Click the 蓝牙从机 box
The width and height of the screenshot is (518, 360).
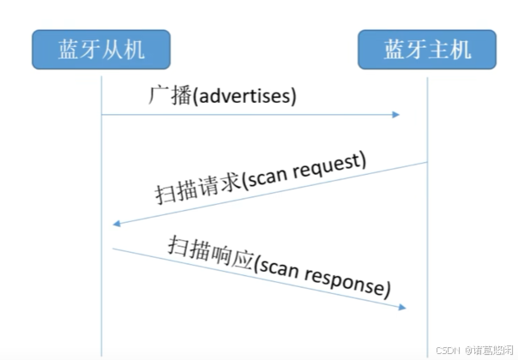[101, 50]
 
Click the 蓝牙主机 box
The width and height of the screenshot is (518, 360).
[427, 50]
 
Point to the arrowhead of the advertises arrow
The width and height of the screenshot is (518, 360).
[396, 114]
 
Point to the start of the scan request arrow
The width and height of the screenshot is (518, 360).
[426, 162]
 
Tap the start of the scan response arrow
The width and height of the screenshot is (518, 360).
[114, 249]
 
